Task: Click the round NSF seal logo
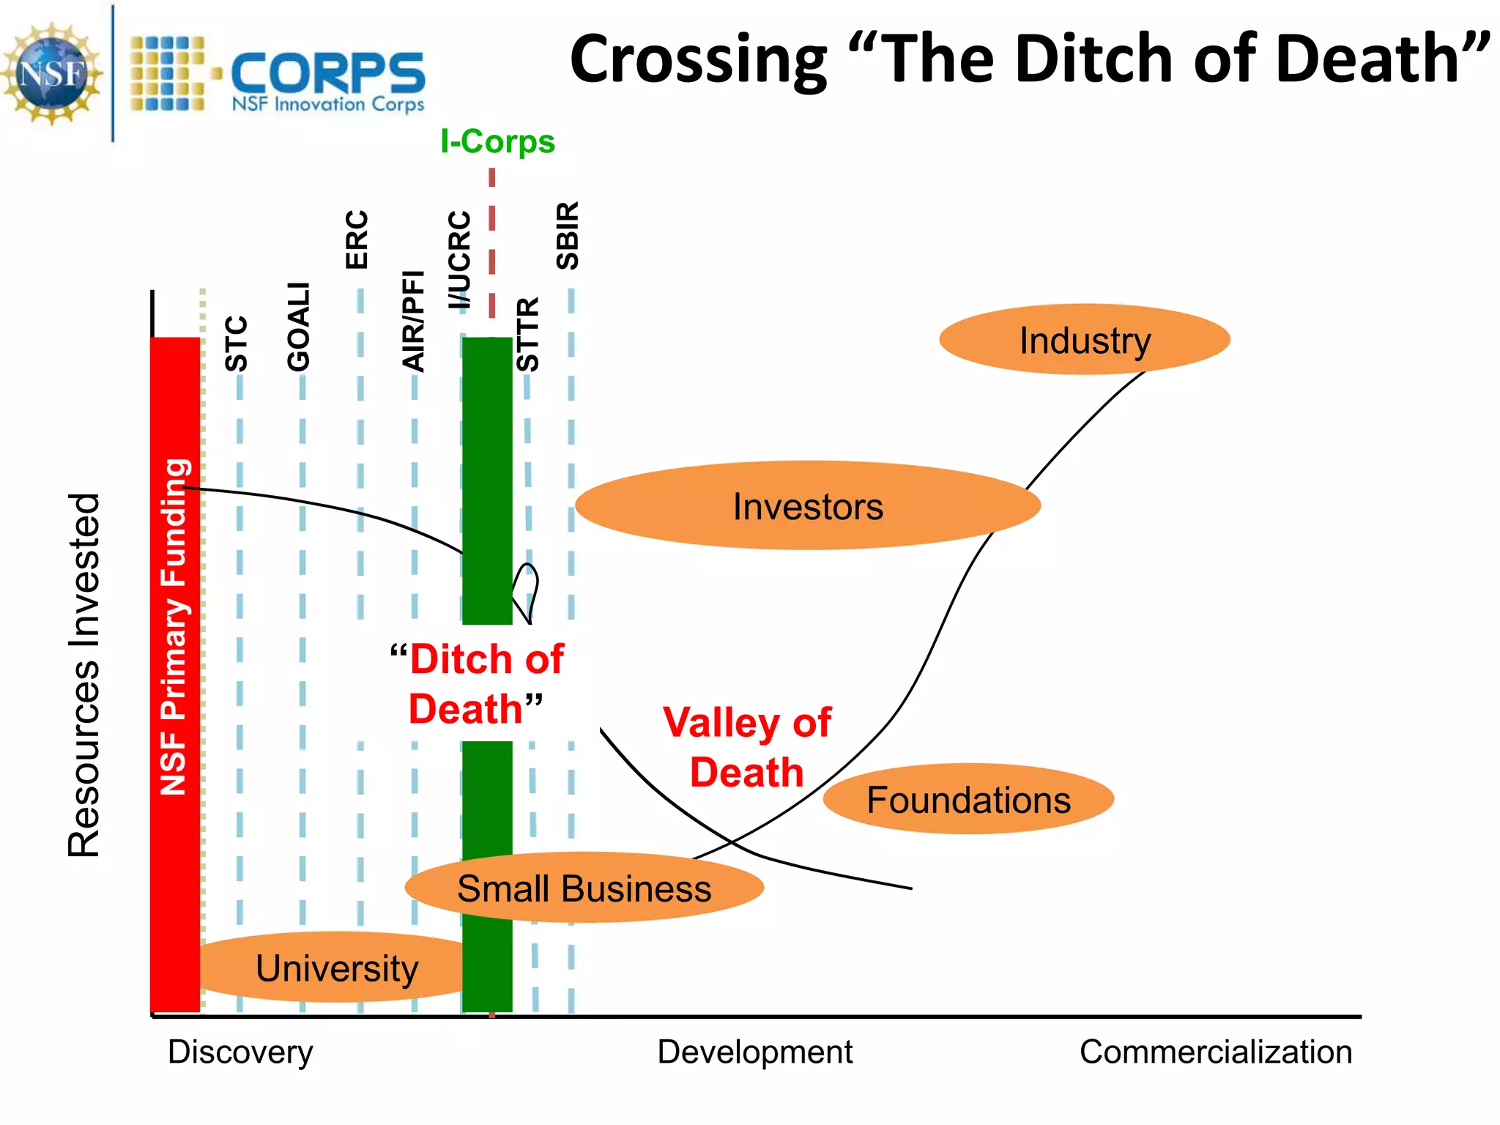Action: pyautogui.click(x=51, y=73)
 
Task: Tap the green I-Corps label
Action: pyautogui.click(x=497, y=141)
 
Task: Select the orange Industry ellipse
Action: pyautogui.click(x=1084, y=340)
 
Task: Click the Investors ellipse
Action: pyautogui.click(x=807, y=506)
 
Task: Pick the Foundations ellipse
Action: pyautogui.click(x=968, y=799)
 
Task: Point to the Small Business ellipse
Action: pyautogui.click(x=584, y=888)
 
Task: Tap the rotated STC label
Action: pyautogui.click(x=237, y=344)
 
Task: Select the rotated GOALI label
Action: pyautogui.click(x=299, y=327)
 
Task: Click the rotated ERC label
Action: pyautogui.click(x=357, y=240)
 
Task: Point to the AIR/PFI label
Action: pyautogui.click(x=414, y=321)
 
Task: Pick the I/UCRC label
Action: pyautogui.click(x=459, y=260)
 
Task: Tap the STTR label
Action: pyautogui.click(x=527, y=334)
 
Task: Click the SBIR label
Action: pyautogui.click(x=568, y=236)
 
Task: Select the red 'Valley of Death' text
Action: pyautogui.click(x=747, y=747)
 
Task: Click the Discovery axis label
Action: pyautogui.click(x=240, y=1052)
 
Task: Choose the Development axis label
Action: pyautogui.click(x=754, y=1052)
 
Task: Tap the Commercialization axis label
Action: pyautogui.click(x=1215, y=1052)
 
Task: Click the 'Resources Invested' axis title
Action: pyautogui.click(x=83, y=675)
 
